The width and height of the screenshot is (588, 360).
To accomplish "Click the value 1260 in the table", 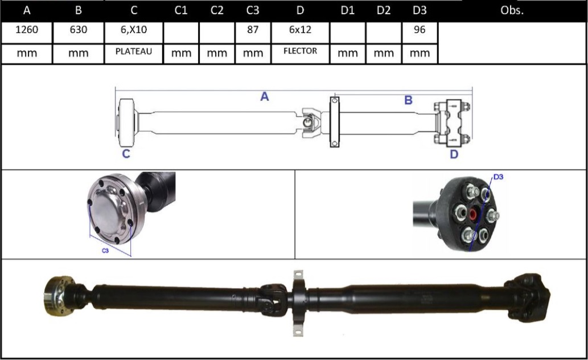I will (x=26, y=31).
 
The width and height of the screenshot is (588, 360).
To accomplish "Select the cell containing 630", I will (x=78, y=31).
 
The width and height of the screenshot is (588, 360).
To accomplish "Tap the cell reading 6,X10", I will (x=134, y=31).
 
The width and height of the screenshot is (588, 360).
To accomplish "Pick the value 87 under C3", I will (x=253, y=31).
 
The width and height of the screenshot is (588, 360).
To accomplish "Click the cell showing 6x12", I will (x=300, y=31).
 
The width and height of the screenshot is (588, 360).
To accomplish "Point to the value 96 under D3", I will (x=420, y=31).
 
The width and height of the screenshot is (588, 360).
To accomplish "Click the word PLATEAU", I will (x=134, y=52).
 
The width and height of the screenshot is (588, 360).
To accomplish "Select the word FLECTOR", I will (x=300, y=51).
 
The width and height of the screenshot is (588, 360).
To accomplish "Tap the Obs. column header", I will (x=512, y=10).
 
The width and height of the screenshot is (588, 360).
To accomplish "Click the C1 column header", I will (x=181, y=10).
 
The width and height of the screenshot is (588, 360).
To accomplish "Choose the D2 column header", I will (x=384, y=10).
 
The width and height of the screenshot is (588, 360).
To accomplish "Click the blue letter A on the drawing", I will (x=264, y=97).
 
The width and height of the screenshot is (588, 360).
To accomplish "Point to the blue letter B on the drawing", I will (x=408, y=101).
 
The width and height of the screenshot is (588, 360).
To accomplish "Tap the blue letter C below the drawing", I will (x=126, y=154).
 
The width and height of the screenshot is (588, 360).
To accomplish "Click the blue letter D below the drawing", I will (x=454, y=154).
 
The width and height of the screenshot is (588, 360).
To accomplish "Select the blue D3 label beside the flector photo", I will (x=498, y=177).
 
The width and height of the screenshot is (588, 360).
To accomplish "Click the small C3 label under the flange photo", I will (x=105, y=251).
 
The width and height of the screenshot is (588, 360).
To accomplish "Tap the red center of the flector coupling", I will (x=472, y=215).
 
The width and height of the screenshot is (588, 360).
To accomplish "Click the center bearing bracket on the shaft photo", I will (x=297, y=299).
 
